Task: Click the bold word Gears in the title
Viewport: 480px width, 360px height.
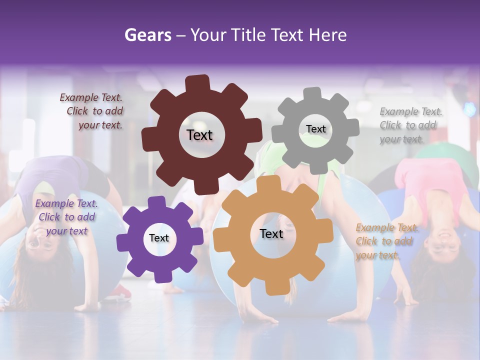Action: click(147, 35)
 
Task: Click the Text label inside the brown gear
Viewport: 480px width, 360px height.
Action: click(199, 135)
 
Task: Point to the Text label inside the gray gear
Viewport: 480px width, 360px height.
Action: click(315, 129)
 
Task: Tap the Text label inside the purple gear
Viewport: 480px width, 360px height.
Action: click(158, 238)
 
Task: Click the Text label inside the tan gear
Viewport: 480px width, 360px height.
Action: click(271, 233)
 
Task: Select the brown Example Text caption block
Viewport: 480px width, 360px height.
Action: click(92, 111)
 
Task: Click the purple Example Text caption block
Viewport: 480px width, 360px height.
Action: click(66, 217)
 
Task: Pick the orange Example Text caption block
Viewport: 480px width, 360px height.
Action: click(386, 241)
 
